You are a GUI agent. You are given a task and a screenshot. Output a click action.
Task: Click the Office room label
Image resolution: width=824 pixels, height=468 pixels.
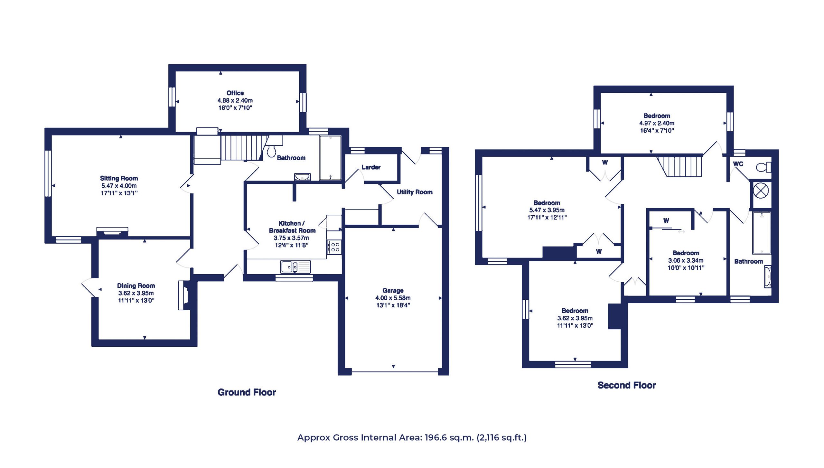pyautogui.click(x=235, y=93)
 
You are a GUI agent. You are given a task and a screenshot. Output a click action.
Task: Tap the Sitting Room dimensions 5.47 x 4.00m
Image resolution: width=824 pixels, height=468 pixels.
pyautogui.click(x=119, y=186)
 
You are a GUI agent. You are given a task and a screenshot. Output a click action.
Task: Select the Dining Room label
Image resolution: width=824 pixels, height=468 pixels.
pyautogui.click(x=136, y=285)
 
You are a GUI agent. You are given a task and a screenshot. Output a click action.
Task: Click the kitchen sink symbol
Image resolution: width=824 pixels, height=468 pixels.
pyautogui.click(x=295, y=267)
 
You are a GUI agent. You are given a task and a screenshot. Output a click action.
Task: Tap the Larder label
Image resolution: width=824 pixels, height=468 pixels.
pyautogui.click(x=371, y=167)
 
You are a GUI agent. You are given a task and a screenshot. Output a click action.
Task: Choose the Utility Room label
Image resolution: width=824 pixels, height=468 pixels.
pyautogui.click(x=415, y=192)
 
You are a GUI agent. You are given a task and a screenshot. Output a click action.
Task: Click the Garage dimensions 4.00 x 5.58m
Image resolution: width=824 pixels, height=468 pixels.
pyautogui.click(x=393, y=298)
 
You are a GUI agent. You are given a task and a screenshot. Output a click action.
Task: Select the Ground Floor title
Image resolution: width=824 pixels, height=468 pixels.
pyautogui.click(x=247, y=392)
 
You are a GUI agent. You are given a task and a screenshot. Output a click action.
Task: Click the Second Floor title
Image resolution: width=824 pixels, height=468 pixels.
pyautogui.click(x=627, y=385)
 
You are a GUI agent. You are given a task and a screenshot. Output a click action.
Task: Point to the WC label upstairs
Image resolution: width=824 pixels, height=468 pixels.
pyautogui.click(x=738, y=164)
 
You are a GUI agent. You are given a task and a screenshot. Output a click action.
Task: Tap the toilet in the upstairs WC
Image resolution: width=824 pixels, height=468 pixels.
pyautogui.click(x=763, y=167)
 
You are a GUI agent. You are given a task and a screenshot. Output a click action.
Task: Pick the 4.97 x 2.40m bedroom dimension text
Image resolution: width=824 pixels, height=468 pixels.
pyautogui.click(x=657, y=123)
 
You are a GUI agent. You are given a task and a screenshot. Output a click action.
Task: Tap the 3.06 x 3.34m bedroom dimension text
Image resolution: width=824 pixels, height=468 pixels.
pyautogui.click(x=686, y=260)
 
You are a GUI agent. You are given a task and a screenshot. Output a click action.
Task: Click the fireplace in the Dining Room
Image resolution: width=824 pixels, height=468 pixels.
pyautogui.click(x=184, y=295)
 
